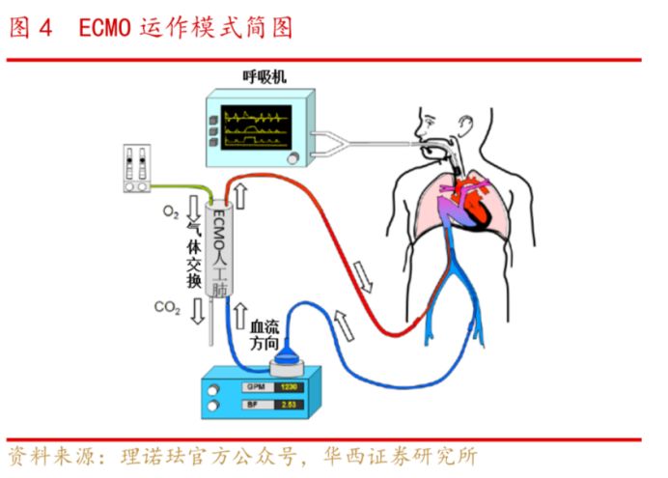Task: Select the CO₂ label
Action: [x=167, y=307]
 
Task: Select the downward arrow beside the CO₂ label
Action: [x=195, y=309]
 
